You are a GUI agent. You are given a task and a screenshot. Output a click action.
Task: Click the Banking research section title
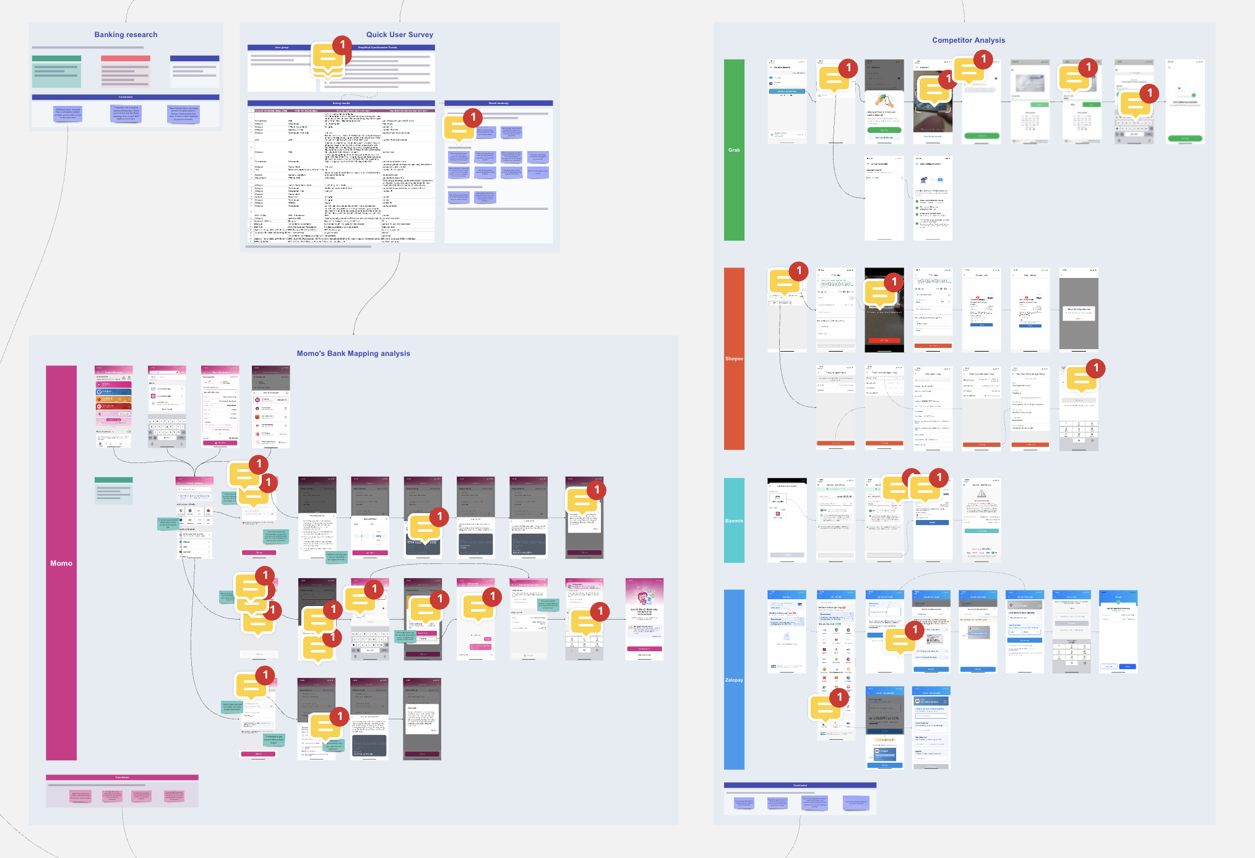(x=126, y=35)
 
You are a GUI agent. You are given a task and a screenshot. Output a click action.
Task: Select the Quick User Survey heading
(x=399, y=35)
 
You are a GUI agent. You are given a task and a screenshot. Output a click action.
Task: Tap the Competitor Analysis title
(x=968, y=40)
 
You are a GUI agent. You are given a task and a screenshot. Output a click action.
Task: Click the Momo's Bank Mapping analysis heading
(x=353, y=353)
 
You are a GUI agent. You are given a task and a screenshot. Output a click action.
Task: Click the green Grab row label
(x=734, y=150)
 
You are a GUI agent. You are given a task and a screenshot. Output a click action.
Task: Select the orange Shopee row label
(x=734, y=358)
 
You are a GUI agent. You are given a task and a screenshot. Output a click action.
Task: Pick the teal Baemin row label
(x=734, y=521)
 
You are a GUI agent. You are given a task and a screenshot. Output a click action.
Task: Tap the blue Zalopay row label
(x=734, y=680)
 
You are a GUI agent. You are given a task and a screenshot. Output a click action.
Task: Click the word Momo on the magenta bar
(x=61, y=563)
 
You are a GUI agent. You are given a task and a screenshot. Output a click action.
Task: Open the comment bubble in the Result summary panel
(x=459, y=128)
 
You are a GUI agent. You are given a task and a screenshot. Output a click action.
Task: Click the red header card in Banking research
(x=126, y=59)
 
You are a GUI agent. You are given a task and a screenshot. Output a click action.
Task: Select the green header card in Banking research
(x=56, y=59)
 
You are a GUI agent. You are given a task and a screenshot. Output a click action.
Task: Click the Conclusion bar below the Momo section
(x=122, y=778)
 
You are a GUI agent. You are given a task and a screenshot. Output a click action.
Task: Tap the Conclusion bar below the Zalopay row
(x=800, y=786)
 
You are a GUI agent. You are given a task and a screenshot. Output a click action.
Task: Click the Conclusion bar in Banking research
(x=126, y=97)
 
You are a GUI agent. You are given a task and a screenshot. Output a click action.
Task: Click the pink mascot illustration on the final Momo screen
(x=644, y=597)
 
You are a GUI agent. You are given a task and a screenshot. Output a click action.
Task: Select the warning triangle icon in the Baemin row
(x=981, y=493)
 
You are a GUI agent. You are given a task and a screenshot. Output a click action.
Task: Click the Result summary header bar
(x=498, y=103)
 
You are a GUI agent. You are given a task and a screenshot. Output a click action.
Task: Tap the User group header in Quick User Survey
(x=282, y=48)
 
